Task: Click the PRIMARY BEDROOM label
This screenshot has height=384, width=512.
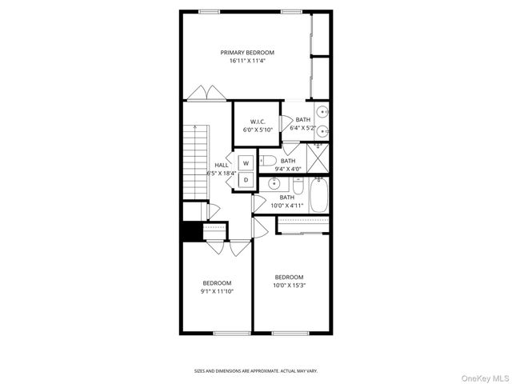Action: (253, 53)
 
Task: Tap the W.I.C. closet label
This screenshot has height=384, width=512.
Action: (257, 122)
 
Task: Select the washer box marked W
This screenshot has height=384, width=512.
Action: (246, 163)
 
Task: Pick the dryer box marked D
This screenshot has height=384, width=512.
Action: (246, 180)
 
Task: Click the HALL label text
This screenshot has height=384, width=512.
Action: (222, 165)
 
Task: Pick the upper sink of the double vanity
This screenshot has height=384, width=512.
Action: (321, 113)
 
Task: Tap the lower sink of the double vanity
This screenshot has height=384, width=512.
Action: (321, 131)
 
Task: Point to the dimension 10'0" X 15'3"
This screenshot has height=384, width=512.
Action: (289, 286)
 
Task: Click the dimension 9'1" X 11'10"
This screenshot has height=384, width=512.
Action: (217, 291)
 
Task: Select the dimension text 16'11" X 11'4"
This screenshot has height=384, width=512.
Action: (253, 60)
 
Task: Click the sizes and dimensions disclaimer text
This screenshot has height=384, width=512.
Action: (256, 370)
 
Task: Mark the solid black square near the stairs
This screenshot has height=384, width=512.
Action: (191, 230)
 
